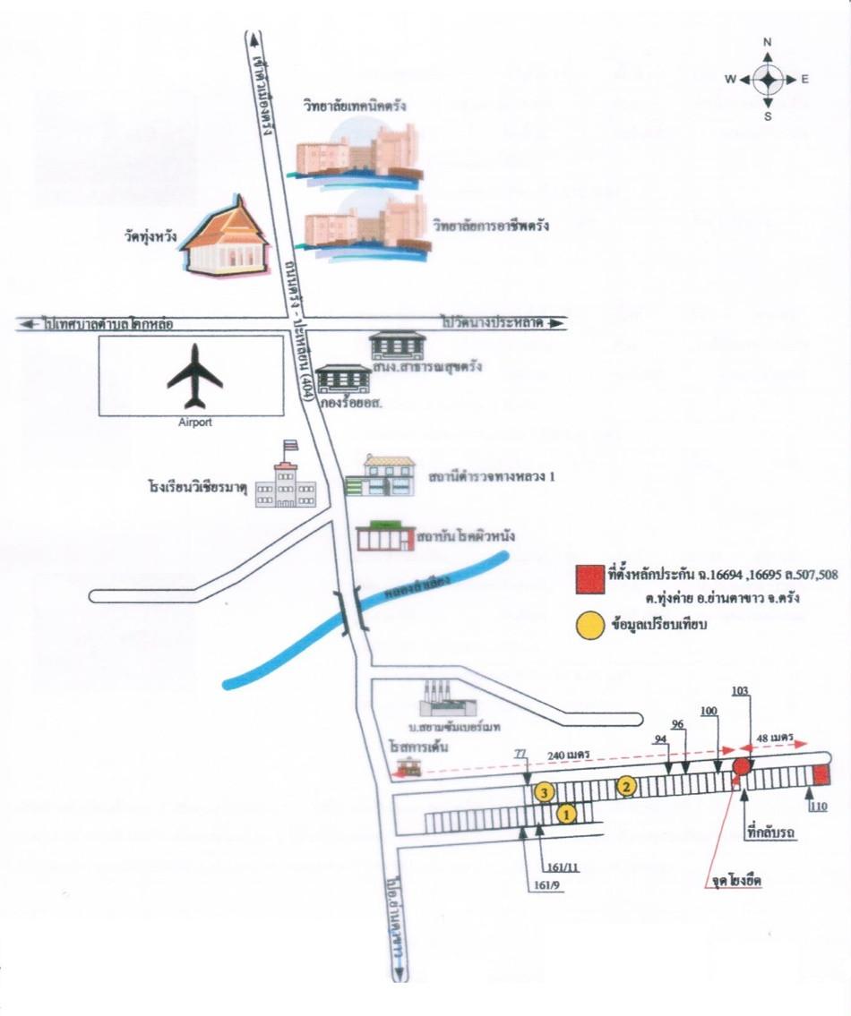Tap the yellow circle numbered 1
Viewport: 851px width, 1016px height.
click(x=565, y=814)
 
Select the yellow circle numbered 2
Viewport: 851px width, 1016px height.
click(x=627, y=786)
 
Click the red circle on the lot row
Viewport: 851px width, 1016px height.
click(x=742, y=766)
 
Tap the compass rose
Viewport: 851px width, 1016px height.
click(x=768, y=80)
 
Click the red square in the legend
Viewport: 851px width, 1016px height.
click(x=588, y=579)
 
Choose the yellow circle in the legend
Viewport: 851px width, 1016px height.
click(x=588, y=626)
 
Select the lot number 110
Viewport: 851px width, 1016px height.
click(x=817, y=807)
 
